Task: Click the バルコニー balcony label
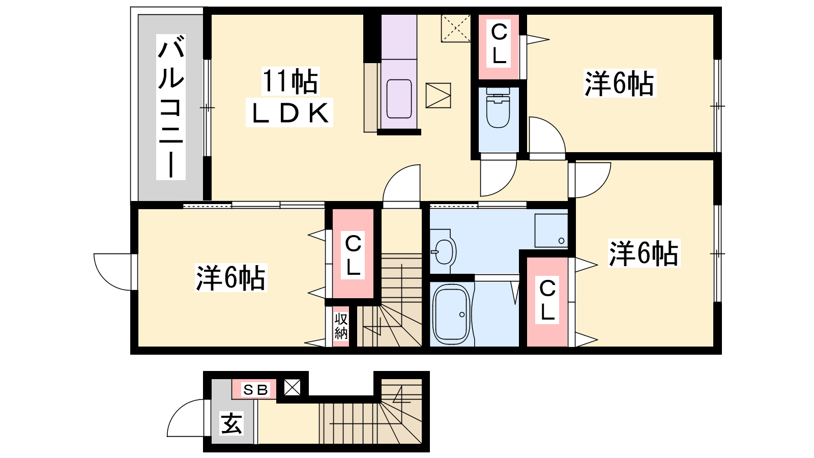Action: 171,107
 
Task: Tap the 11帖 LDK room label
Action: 289,97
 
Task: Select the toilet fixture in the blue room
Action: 498,108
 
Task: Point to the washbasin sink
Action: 443,251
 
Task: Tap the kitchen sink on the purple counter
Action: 399,99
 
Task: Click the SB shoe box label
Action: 255,390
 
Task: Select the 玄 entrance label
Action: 231,423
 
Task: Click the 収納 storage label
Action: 341,326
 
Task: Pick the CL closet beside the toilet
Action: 499,47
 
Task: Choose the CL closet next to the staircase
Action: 353,254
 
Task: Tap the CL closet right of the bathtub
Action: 547,302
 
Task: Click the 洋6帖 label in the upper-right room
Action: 620,83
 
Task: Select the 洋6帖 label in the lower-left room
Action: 231,278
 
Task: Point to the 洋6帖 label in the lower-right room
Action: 644,253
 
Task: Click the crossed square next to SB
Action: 292,387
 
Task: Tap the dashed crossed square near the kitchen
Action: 456,28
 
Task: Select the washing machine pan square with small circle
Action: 551,231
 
